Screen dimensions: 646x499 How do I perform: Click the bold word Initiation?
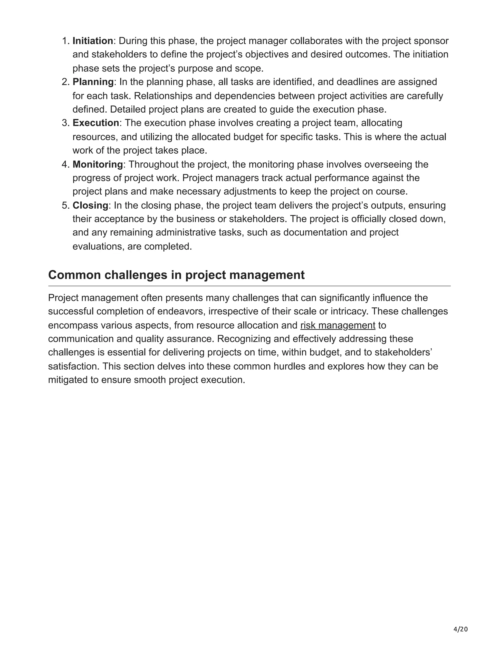pyautogui.click(x=93, y=41)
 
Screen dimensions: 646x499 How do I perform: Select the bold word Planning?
pyautogui.click(x=93, y=82)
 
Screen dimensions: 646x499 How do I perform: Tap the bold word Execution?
pyautogui.click(x=96, y=123)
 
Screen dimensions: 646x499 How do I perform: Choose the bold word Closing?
pyautogui.click(x=90, y=205)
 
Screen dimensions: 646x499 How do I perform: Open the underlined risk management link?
pyautogui.click(x=338, y=325)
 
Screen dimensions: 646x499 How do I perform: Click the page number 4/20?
pyautogui.click(x=461, y=629)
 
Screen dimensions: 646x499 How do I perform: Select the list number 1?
pyautogui.click(x=65, y=41)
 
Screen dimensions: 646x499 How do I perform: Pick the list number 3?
pyautogui.click(x=65, y=123)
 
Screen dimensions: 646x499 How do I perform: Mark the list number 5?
pyautogui.click(x=65, y=205)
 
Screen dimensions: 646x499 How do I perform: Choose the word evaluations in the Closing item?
pyautogui.click(x=98, y=246)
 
